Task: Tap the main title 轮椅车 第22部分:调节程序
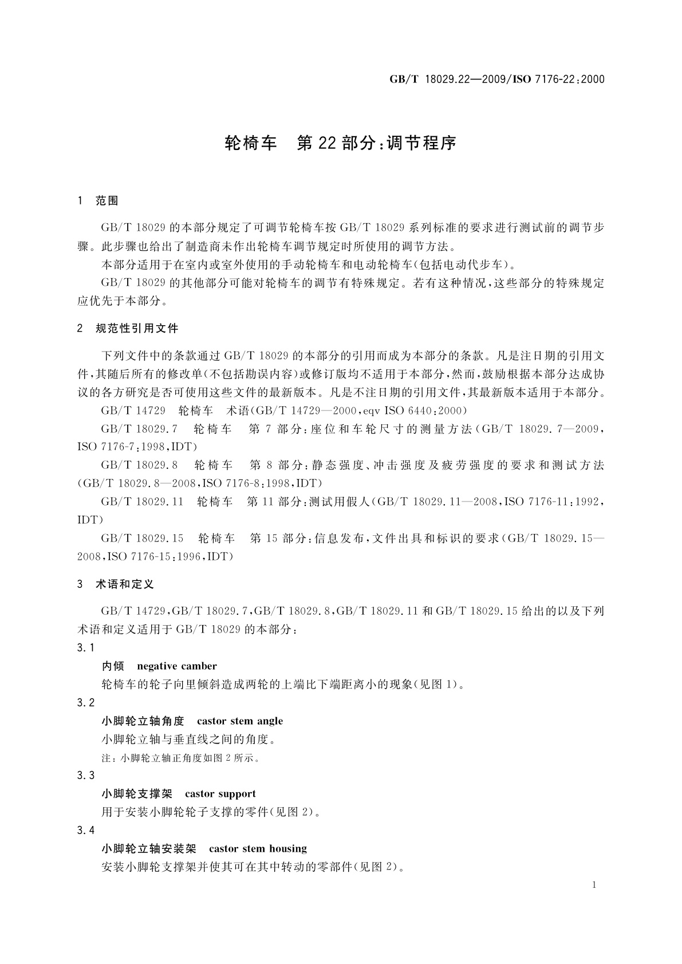(341, 143)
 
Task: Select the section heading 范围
(107, 200)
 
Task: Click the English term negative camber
(177, 666)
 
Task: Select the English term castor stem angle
(240, 721)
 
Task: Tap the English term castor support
(220, 793)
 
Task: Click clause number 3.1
(85, 647)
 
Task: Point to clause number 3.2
(85, 702)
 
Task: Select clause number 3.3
(85, 775)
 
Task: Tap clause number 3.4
(85, 830)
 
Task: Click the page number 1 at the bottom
(594, 885)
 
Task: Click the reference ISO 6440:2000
(425, 410)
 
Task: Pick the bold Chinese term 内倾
(113, 666)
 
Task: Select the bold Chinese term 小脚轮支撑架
(137, 793)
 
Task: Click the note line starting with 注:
(181, 758)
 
